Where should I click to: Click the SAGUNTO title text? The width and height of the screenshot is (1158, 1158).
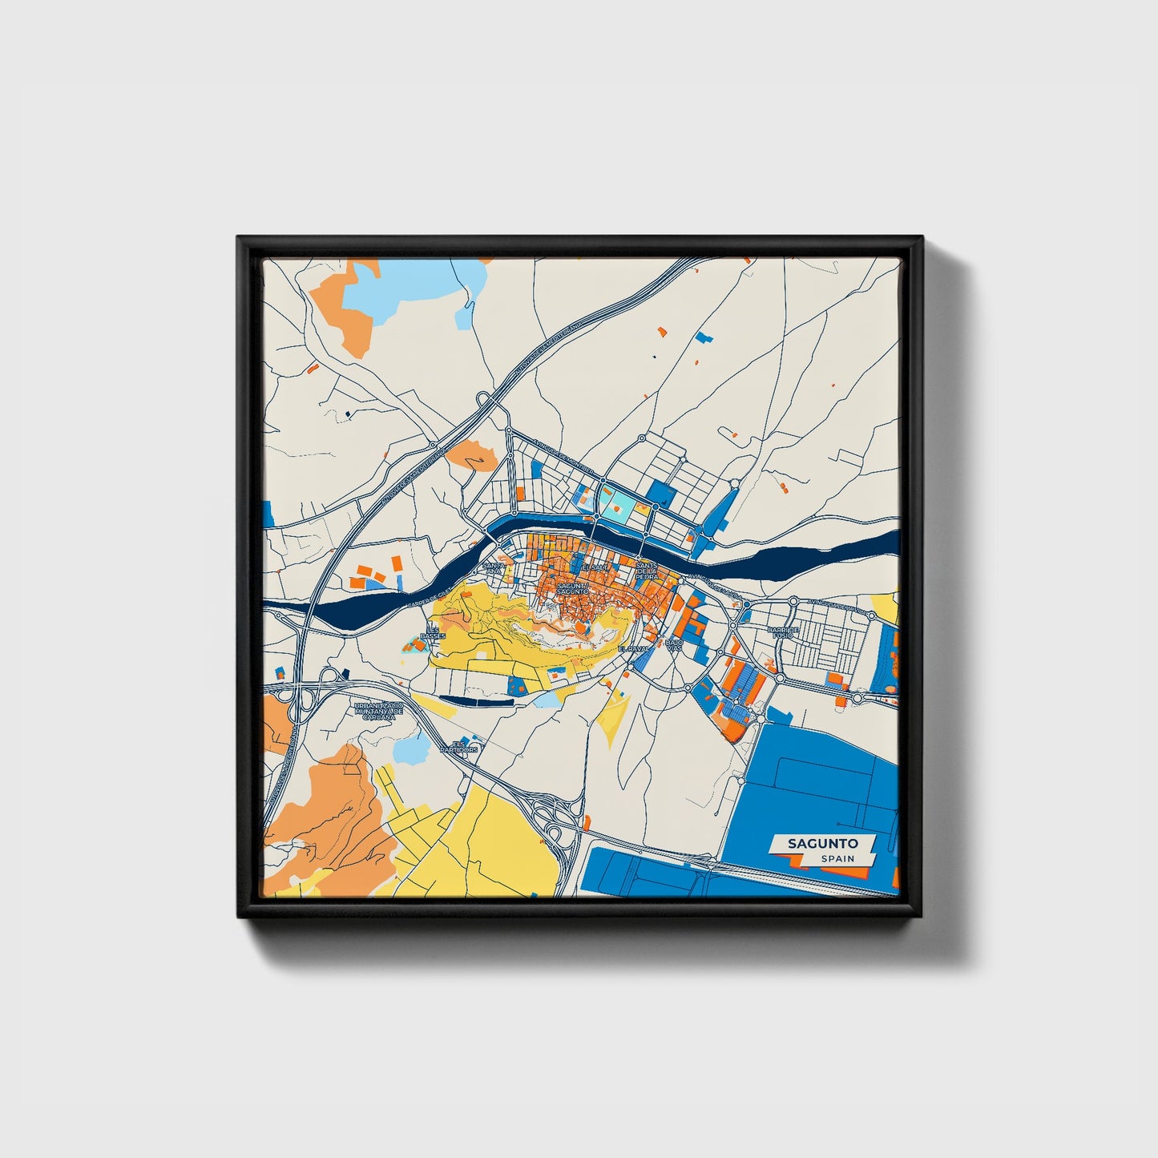822,843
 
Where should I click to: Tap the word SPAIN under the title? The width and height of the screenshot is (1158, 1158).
837,858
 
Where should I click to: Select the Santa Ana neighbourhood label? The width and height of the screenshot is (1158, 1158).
494,567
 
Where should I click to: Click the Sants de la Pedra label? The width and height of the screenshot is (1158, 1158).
646,570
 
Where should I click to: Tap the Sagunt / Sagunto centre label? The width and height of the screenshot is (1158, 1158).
573,588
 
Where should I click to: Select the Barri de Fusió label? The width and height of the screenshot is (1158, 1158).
783,632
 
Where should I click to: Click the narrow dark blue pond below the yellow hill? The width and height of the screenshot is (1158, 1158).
477,700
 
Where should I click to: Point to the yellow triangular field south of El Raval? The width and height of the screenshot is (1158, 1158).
614,716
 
